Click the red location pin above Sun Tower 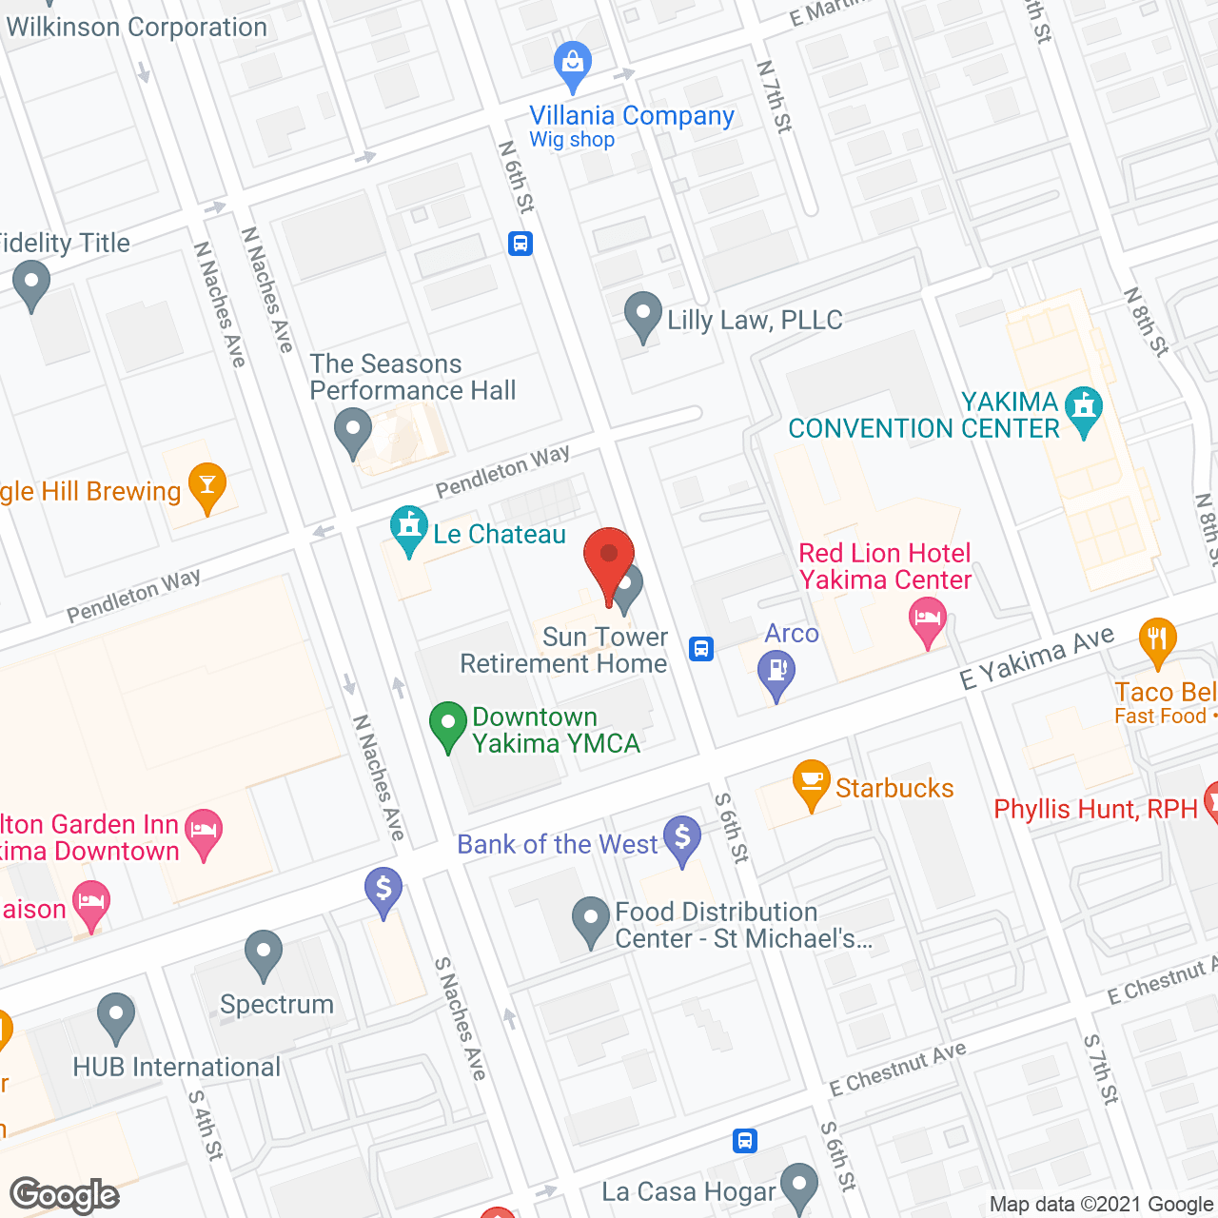tap(608, 558)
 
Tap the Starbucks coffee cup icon tap(811, 782)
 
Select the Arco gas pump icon tap(776, 672)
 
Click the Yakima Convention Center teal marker tap(1083, 409)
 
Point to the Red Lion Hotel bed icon tap(927, 619)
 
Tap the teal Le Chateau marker tap(409, 527)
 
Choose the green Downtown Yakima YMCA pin tap(447, 725)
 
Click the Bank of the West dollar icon tap(682, 838)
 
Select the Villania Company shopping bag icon tap(573, 63)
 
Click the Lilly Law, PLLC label tap(755, 321)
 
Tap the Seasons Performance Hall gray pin tap(353, 429)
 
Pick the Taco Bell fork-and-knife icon tap(1157, 639)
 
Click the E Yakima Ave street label tap(1036, 658)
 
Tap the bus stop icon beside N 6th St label tap(520, 244)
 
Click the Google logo tap(65, 1195)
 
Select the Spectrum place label tap(277, 1005)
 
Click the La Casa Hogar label tap(689, 1192)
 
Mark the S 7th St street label tap(1101, 1070)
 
